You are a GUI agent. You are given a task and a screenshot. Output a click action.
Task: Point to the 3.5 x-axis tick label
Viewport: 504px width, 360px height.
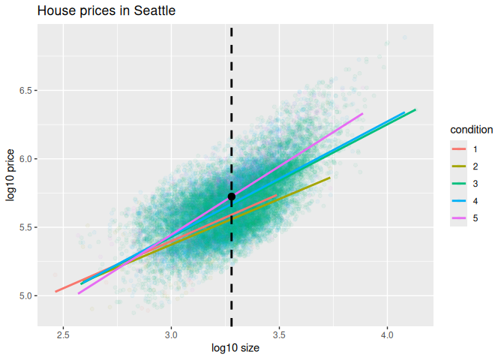point(279,334)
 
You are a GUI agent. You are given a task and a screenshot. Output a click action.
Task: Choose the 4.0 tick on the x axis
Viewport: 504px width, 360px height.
point(387,334)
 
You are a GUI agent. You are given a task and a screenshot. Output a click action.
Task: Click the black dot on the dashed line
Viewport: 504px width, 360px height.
point(231,196)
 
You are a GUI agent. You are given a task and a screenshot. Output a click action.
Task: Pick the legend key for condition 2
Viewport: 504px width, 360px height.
point(458,166)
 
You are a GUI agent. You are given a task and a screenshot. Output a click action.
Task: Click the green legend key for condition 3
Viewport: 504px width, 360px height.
point(458,183)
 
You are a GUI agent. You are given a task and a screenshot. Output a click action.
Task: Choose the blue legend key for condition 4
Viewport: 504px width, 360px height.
point(458,200)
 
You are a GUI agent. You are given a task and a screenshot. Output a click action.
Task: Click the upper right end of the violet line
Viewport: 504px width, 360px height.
point(362,114)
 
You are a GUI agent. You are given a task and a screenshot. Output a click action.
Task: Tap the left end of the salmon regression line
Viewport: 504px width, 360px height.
point(56,291)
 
